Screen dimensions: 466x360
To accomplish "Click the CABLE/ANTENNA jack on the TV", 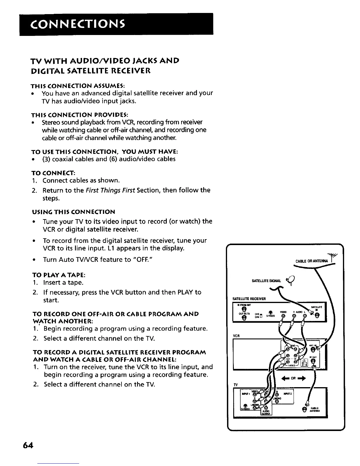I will [x=304, y=410].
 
